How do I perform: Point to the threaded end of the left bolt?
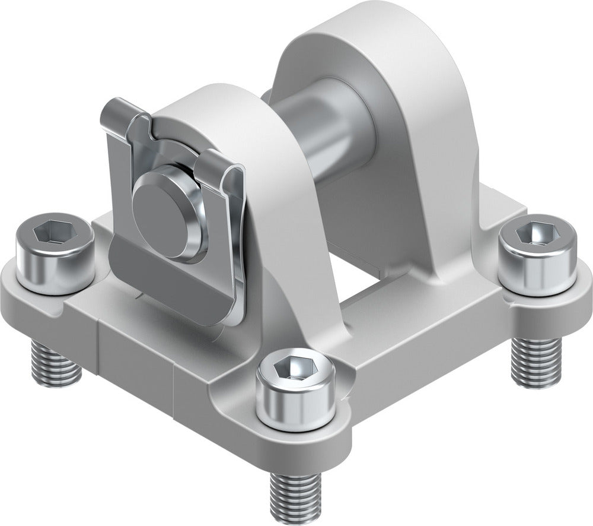56,364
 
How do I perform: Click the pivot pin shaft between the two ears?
323,128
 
